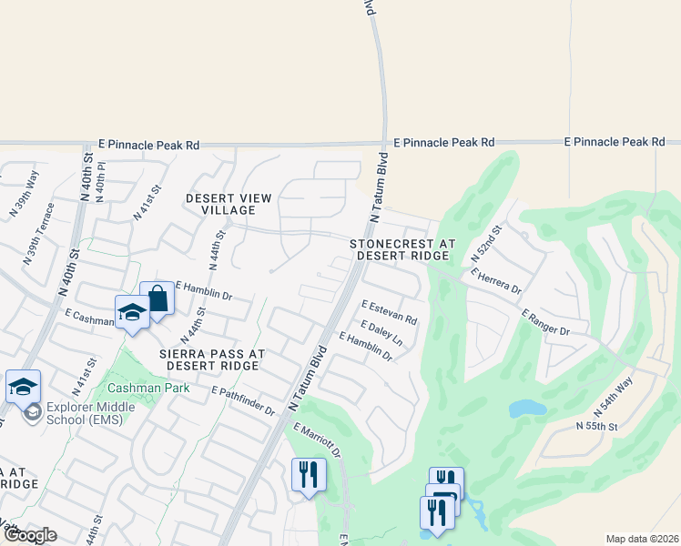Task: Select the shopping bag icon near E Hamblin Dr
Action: point(157,298)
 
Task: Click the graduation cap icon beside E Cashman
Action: point(132,313)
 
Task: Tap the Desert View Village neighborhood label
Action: point(229,204)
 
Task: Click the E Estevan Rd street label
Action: point(389,312)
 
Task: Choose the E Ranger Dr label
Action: point(545,322)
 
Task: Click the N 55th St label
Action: point(596,426)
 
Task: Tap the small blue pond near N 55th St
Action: point(526,409)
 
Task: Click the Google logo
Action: point(30,535)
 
